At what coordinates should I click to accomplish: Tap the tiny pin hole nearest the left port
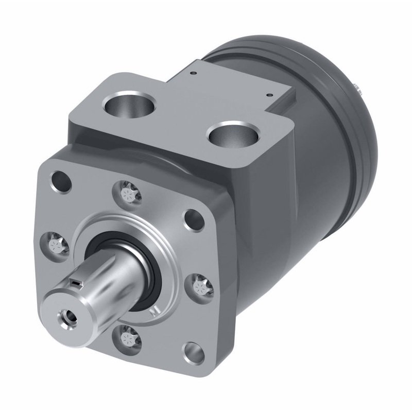pos(192,74)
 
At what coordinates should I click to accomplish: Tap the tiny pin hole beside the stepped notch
pos(268,94)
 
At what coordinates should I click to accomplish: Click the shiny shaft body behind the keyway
pos(121,268)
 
